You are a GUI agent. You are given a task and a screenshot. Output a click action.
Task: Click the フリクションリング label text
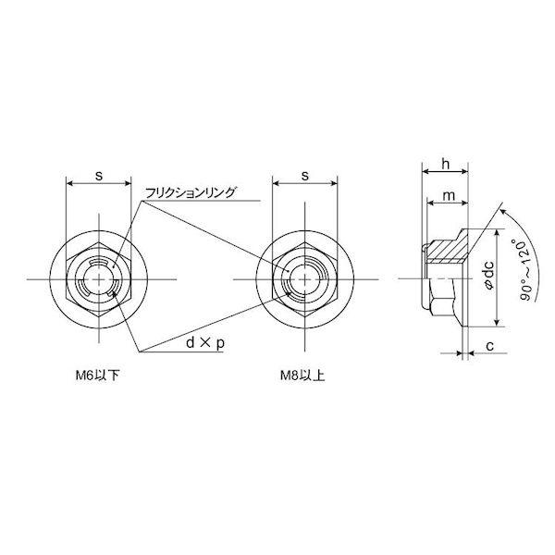(190, 193)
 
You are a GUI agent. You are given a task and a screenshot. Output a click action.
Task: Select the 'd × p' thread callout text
(205, 342)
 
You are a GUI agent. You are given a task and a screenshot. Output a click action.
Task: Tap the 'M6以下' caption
(97, 376)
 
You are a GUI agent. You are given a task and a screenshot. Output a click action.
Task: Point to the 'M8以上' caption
(302, 376)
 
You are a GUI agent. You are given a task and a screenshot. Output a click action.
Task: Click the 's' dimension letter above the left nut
(99, 176)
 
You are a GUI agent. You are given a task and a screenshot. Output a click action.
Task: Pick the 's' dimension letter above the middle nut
(305, 176)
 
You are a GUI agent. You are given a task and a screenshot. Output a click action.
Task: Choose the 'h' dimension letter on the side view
(446, 164)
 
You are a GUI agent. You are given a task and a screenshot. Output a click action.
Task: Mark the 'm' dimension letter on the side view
(449, 195)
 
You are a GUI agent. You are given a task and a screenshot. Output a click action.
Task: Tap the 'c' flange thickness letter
(490, 346)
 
